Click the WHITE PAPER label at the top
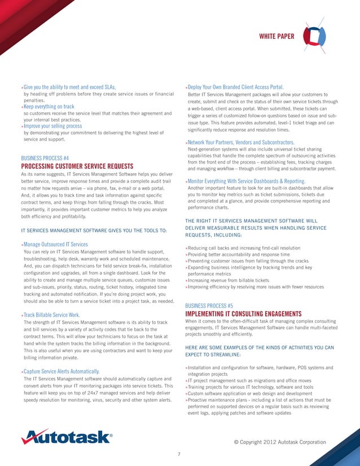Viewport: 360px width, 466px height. pyautogui.click(x=276, y=37)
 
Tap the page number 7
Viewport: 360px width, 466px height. pyautogui.click(x=179, y=454)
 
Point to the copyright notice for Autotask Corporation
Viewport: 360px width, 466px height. pyautogui.click(x=279, y=441)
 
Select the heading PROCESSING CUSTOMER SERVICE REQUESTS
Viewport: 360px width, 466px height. pyautogui.click(x=77, y=166)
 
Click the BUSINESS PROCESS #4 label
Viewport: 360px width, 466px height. pyautogui.click(x=45, y=158)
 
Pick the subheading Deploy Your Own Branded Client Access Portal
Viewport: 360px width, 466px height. pyautogui.click(x=235, y=87)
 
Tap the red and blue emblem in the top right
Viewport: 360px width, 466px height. pyautogui.click(x=315, y=37)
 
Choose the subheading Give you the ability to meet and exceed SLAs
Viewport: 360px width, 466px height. pyautogui.click(x=69, y=87)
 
